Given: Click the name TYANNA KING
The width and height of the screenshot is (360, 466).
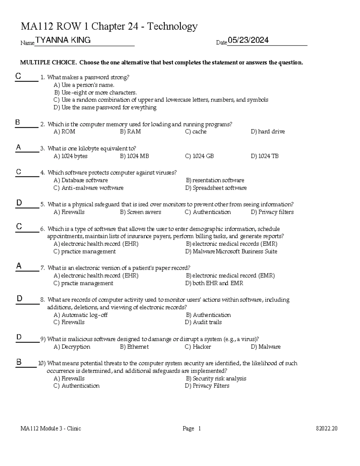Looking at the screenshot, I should [63, 40].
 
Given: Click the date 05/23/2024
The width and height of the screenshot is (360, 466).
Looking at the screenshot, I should [248, 40].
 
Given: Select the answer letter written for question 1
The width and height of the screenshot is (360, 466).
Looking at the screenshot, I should [18, 76].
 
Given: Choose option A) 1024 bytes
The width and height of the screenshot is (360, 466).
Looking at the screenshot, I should [70, 156].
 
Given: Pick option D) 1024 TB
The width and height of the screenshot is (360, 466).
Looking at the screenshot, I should [265, 156].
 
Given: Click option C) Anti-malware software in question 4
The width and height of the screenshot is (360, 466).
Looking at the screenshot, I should [88, 188].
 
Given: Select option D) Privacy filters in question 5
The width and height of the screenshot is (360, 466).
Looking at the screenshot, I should [272, 212].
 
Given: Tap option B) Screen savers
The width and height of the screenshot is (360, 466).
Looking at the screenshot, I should [140, 212].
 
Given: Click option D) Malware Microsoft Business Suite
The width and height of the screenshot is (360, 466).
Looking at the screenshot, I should [231, 251].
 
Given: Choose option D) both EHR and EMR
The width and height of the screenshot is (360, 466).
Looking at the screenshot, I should [214, 283].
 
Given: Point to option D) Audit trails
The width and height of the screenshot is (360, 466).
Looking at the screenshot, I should [203, 322].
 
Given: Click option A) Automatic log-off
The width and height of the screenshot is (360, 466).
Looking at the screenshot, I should [80, 315].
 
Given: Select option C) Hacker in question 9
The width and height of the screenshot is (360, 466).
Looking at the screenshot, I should [198, 347].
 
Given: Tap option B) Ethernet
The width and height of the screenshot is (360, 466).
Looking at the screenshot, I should [134, 347].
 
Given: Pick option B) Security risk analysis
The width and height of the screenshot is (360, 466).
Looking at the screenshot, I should [216, 379].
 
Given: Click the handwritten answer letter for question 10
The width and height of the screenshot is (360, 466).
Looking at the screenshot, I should [19, 362].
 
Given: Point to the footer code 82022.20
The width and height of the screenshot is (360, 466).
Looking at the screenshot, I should [327, 428].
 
